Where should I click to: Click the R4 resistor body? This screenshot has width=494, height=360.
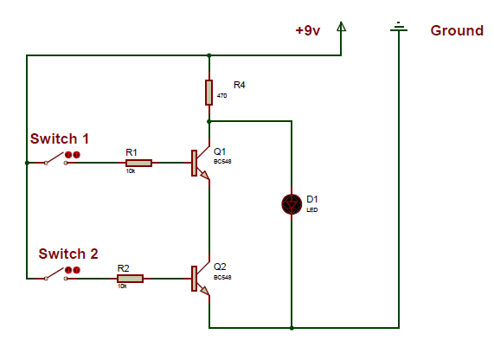point(209,93)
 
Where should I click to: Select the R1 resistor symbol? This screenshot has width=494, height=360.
point(138,163)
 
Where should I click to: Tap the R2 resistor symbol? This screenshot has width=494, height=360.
point(130,279)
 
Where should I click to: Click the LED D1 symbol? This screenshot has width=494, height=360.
point(292,204)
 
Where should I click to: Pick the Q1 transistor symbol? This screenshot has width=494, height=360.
point(201,163)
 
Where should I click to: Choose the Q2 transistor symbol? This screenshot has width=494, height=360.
point(201,279)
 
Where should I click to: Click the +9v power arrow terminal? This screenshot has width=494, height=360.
point(341,27)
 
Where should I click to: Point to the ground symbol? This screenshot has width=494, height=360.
point(399,27)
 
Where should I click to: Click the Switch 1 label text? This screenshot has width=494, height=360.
point(60,138)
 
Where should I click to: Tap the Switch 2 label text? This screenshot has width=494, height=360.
point(68,254)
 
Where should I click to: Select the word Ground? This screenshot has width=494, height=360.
point(457,30)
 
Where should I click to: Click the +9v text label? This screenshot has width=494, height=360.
point(308,30)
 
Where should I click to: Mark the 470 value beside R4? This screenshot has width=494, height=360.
point(221,95)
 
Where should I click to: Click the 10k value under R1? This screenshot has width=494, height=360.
point(131,170)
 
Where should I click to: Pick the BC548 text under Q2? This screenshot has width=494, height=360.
point(222,278)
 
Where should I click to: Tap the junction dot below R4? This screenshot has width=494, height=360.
point(209,121)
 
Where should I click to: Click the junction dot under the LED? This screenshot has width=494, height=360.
point(292,328)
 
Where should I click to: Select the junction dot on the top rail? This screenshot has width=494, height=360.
point(209,55)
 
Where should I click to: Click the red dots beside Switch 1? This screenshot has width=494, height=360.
point(73,155)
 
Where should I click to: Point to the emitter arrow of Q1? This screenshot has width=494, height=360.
point(205,175)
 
